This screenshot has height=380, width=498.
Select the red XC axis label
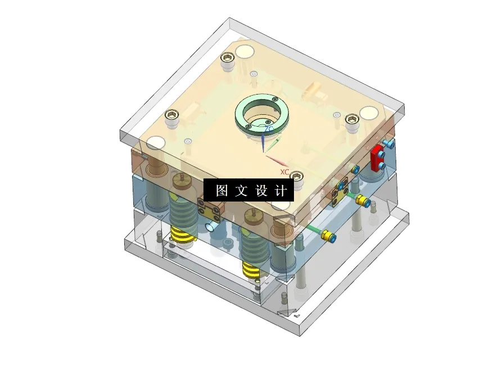point(284,172)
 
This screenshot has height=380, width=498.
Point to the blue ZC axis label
point(269,129)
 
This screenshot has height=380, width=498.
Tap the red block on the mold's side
point(377,157)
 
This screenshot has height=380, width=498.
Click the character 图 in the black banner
point(221,191)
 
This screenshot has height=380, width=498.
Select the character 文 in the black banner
point(241,191)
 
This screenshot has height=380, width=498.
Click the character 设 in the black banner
point(261,191)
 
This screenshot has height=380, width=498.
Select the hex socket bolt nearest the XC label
point(298,176)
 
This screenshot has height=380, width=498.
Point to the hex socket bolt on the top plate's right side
point(352,119)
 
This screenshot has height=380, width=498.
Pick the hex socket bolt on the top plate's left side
point(172,117)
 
